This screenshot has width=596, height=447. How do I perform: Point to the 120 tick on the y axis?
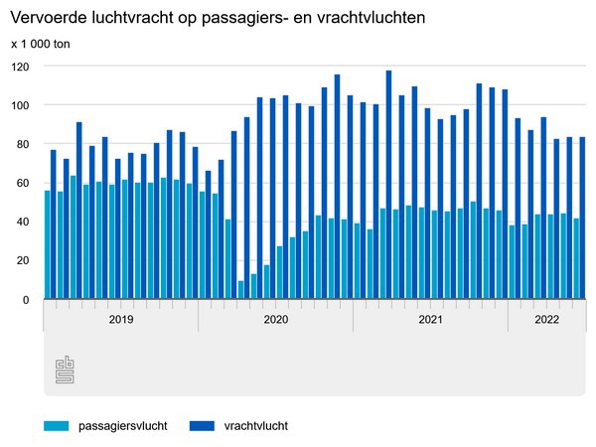click(x=20, y=67)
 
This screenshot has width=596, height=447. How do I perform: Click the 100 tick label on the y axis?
click(x=20, y=105)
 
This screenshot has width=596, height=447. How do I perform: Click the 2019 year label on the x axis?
click(x=120, y=320)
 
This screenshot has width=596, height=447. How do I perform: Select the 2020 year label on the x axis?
click(x=275, y=320)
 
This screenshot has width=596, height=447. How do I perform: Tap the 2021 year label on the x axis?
click(x=430, y=320)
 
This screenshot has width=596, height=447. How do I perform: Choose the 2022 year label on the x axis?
click(x=546, y=320)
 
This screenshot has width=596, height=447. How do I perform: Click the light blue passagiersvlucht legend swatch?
click(x=56, y=426)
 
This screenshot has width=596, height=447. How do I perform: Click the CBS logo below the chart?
click(x=65, y=371)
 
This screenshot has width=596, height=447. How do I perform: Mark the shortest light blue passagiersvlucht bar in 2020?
click(x=240, y=290)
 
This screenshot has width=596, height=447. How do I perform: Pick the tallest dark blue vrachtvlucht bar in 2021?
click(x=388, y=185)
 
